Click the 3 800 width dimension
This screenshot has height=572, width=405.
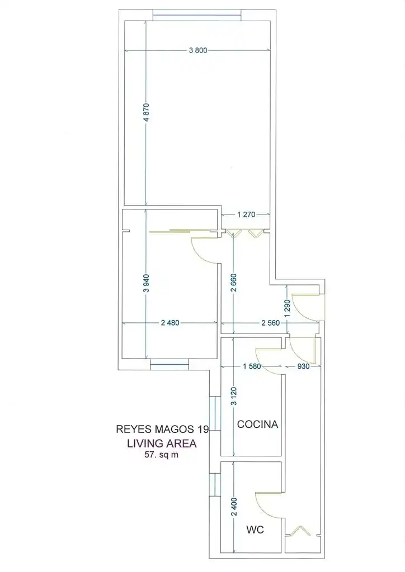198,50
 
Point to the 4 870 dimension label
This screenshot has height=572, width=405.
146,113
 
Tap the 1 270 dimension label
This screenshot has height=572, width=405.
246,214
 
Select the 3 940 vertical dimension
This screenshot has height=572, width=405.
146,283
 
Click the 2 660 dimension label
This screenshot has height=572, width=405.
234,283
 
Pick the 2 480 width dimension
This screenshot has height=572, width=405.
170,322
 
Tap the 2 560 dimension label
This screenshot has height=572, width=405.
271,322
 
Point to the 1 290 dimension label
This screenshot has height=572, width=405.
288,308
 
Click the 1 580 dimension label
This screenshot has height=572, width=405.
252,366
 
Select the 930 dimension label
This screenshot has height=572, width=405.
304,366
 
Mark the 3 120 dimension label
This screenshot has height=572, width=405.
234,396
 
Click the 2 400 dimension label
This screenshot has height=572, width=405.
234,507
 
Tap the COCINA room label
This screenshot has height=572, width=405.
257,425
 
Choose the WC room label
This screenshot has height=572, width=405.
255,530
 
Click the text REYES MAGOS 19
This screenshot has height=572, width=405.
163,429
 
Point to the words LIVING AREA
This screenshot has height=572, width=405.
162,443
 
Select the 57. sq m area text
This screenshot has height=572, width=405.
162,455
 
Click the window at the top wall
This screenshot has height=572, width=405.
197,15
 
